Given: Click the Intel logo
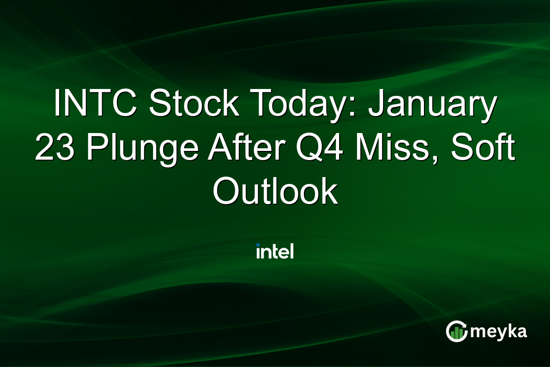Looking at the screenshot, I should [x=275, y=251].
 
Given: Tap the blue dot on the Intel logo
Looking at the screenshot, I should [x=258, y=245].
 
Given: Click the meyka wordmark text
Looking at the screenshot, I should [x=499, y=332].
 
